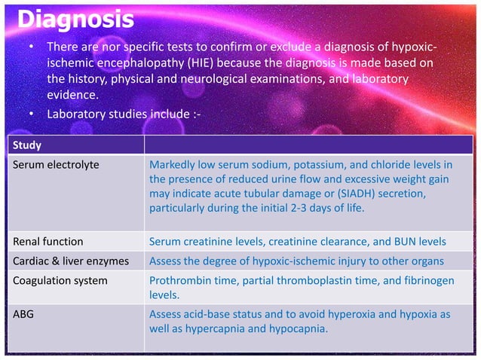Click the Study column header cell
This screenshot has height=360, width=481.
[26, 145]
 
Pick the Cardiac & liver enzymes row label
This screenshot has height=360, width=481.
[72, 261]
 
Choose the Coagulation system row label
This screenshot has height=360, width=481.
[60, 281]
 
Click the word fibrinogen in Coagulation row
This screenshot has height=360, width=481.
[427, 281]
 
